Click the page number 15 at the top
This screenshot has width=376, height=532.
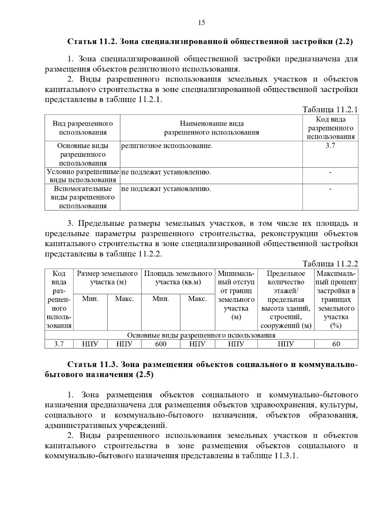click(201, 23)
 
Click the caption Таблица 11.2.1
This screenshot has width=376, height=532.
click(330, 109)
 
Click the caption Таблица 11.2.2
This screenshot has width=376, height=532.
click(330, 263)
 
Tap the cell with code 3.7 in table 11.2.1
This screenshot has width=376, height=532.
click(330, 146)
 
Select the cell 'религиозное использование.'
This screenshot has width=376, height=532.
click(167, 146)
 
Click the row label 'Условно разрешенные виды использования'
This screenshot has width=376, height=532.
click(83, 176)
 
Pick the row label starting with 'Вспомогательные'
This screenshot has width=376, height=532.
click(83, 197)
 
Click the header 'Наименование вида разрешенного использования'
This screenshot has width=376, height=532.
click(211, 128)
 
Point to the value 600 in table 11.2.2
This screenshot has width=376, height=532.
click(161, 344)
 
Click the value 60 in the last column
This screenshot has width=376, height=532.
click(336, 344)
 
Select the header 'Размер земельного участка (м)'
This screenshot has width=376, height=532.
click(107, 278)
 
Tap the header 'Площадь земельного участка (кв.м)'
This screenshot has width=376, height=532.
click(178, 278)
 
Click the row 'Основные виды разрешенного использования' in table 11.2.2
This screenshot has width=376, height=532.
click(201, 335)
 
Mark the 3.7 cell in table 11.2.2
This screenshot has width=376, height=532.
click(59, 344)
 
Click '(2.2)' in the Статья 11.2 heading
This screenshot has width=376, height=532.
click(344, 41)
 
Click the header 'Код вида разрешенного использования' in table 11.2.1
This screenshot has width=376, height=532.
click(330, 128)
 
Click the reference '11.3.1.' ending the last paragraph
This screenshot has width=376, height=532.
click(286, 456)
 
